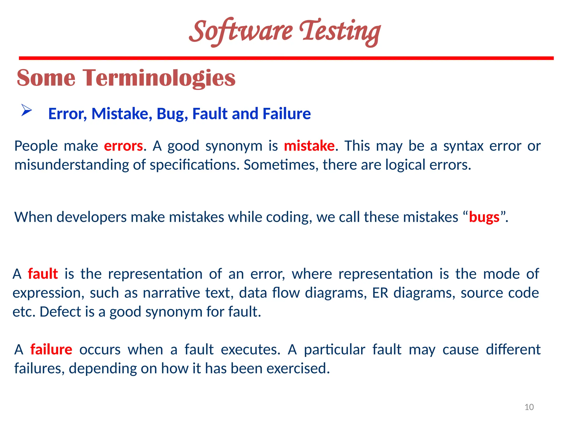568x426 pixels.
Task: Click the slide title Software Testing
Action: [x=285, y=31]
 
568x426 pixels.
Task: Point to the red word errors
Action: [x=123, y=146]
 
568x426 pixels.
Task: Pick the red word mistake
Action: [x=309, y=146]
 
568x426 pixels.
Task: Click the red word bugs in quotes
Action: [x=484, y=217]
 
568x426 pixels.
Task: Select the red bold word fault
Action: [x=43, y=274]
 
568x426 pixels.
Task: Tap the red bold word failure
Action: [x=51, y=349]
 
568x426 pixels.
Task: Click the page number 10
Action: [x=529, y=407]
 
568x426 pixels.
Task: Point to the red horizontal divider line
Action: [x=286, y=58]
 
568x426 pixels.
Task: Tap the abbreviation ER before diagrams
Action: [x=380, y=293]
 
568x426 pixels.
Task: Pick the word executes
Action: [x=250, y=349]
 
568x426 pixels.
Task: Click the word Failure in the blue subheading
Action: [x=286, y=114]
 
